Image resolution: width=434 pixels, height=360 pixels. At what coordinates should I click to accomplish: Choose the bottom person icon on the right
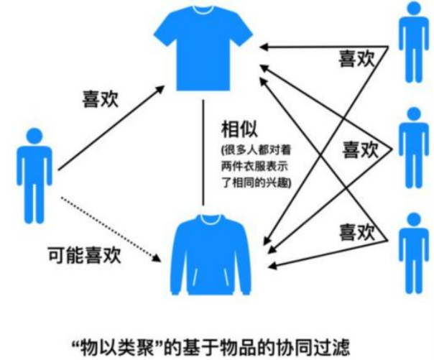pyautogui.click(x=413, y=251)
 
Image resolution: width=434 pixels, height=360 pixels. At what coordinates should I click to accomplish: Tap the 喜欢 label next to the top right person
pyautogui.click(x=356, y=58)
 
